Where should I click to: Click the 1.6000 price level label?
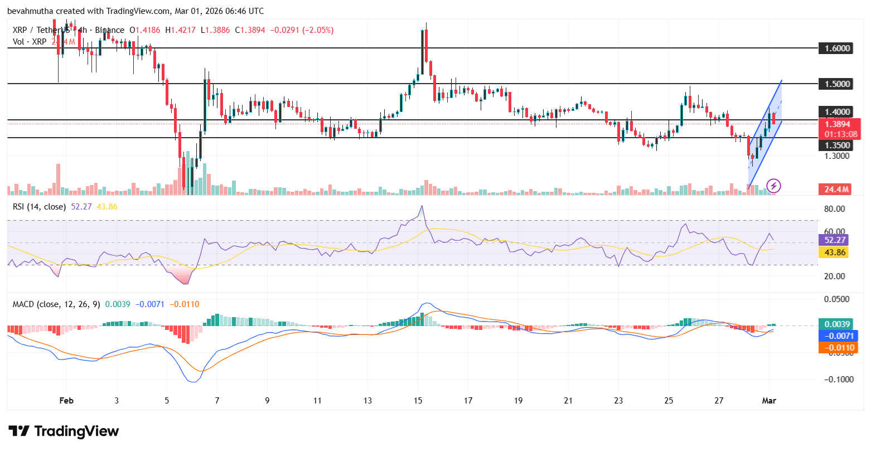click(837, 48)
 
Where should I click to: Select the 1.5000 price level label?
click(837, 84)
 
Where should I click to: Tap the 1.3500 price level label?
click(837, 145)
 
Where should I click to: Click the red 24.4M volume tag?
click(836, 189)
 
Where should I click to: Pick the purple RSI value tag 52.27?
click(835, 240)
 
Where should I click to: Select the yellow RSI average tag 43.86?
click(835, 252)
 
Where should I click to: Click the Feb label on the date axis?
click(66, 401)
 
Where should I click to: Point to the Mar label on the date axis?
click(770, 401)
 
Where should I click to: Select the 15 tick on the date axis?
click(418, 401)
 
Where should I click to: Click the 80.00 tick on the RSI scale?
click(835, 210)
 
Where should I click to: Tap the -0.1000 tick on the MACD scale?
click(837, 380)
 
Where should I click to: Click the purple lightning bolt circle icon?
click(773, 186)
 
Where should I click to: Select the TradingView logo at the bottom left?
click(64, 431)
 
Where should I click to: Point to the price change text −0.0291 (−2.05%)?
click(302, 30)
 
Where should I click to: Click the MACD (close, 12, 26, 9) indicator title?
click(57, 304)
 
